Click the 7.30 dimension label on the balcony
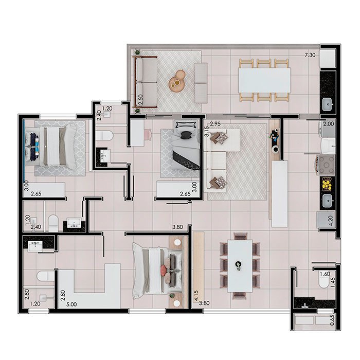(310, 55)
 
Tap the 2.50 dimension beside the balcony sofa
(141, 99)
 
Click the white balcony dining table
(264, 80)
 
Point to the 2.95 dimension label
(215, 124)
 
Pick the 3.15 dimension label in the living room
(207, 132)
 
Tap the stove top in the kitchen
(326, 165)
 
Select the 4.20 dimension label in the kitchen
(331, 221)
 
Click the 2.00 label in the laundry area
(329, 124)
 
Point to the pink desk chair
(148, 133)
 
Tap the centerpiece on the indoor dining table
(239, 265)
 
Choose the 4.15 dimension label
(196, 296)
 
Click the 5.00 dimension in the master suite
(71, 304)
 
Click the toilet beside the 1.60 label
(324, 281)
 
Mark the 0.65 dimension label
(332, 320)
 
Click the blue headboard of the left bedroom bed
(24, 150)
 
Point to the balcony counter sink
(328, 104)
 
